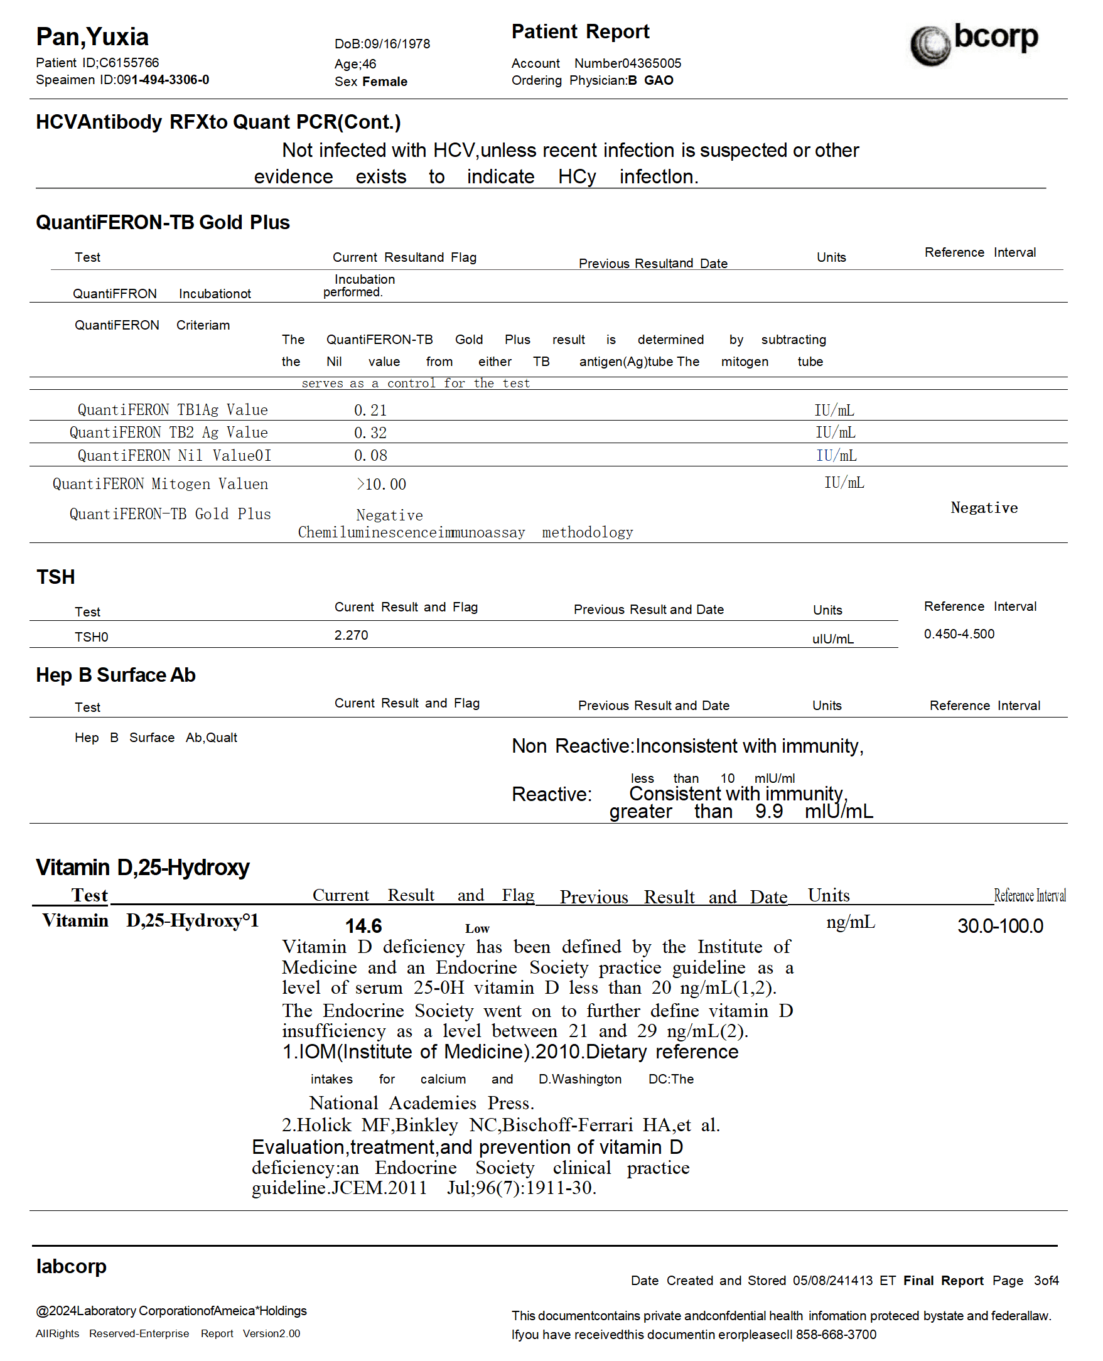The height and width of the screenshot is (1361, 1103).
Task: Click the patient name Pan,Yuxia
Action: point(92,37)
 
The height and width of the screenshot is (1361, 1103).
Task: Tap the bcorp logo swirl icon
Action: point(930,46)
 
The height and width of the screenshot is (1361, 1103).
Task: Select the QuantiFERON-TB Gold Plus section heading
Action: point(163,222)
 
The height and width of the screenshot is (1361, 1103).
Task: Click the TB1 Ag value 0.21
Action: point(370,411)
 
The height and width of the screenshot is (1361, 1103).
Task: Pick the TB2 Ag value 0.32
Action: point(370,433)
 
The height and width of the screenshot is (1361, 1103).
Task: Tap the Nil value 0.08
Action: point(370,456)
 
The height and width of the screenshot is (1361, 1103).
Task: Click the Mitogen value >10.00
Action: point(380,485)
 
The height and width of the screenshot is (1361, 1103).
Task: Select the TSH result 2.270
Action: point(352,635)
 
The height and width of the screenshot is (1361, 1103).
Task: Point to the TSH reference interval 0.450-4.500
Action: point(959,634)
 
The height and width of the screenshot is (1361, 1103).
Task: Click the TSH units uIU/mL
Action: point(832,639)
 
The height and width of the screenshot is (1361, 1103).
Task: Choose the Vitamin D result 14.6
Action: point(363,927)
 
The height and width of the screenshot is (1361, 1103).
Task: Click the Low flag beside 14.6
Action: point(477,929)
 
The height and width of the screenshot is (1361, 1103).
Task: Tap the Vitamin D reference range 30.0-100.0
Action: point(1000,927)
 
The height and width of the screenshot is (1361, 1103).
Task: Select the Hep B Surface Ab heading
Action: point(116,675)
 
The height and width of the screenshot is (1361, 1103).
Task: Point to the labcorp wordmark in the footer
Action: point(71,1266)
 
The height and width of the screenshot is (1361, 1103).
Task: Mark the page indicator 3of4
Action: point(1046,1281)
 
